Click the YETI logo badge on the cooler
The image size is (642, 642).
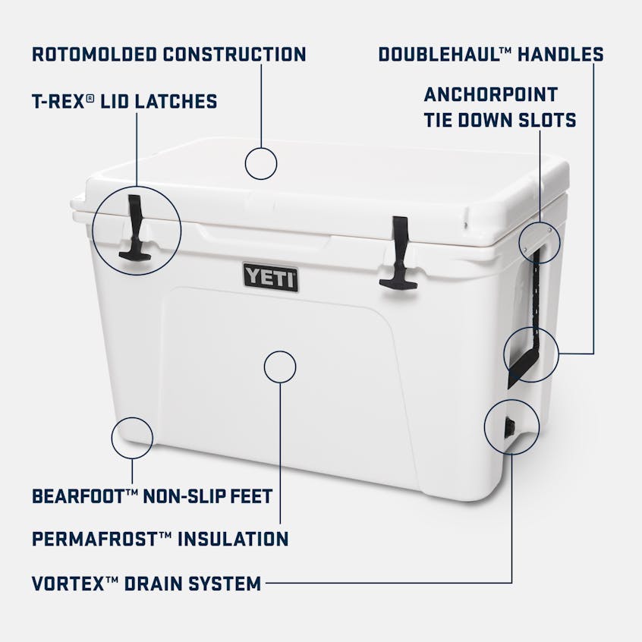pos(270,276)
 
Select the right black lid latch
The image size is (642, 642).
pos(398,253)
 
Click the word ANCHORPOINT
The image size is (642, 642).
pos(490,95)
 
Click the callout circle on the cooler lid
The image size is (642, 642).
pos(261,163)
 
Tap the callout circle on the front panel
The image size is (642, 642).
pos(280,366)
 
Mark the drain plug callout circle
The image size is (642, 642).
pos(511,427)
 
